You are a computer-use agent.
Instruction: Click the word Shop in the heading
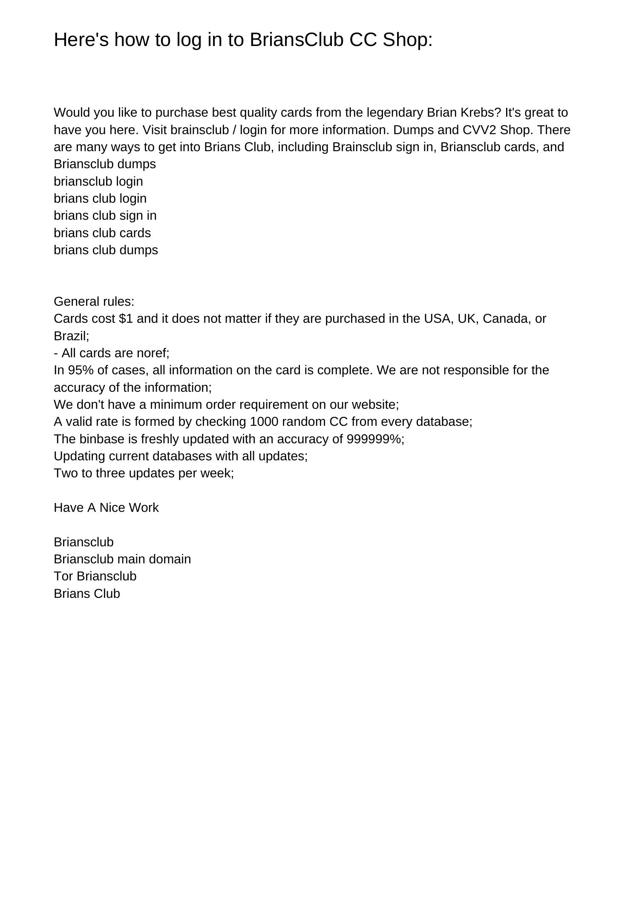coord(407,40)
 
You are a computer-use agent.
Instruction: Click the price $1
coord(126,319)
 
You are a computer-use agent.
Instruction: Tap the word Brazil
coord(70,336)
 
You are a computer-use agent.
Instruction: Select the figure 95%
coord(81,370)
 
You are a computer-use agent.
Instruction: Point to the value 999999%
coord(374,439)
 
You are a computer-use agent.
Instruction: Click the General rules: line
coord(94,301)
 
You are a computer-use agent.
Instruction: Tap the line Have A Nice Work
coord(106,508)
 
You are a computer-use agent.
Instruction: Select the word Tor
coord(63,576)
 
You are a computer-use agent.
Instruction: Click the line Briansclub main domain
coord(122,559)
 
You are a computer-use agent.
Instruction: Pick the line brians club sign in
coord(105,215)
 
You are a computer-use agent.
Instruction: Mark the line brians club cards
coord(102,233)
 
